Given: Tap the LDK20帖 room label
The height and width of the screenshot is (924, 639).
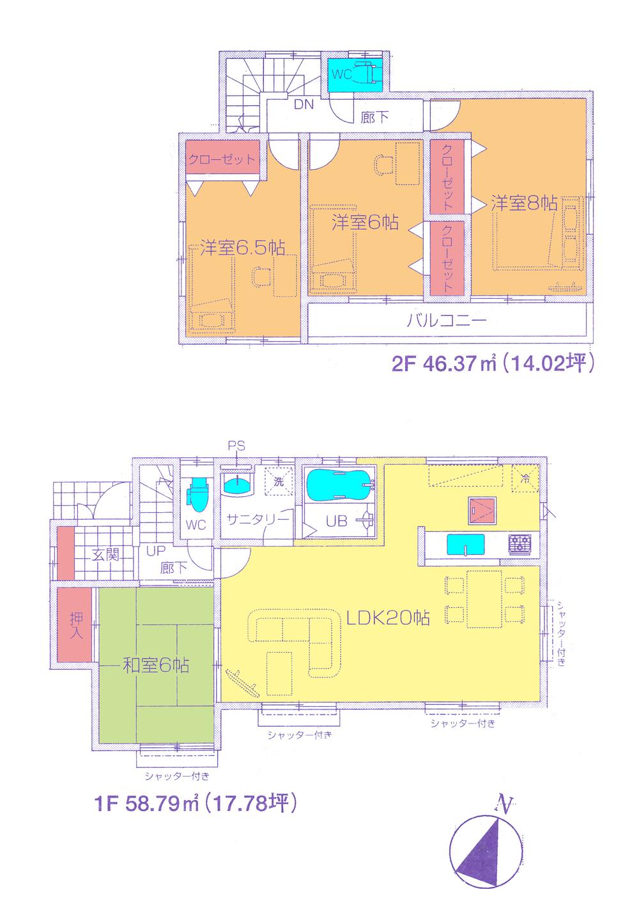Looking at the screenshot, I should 387,617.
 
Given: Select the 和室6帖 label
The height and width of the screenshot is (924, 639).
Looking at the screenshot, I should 155,666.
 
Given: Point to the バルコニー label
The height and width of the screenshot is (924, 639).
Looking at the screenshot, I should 447,319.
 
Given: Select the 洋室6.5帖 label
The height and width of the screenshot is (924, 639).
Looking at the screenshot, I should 242,248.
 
